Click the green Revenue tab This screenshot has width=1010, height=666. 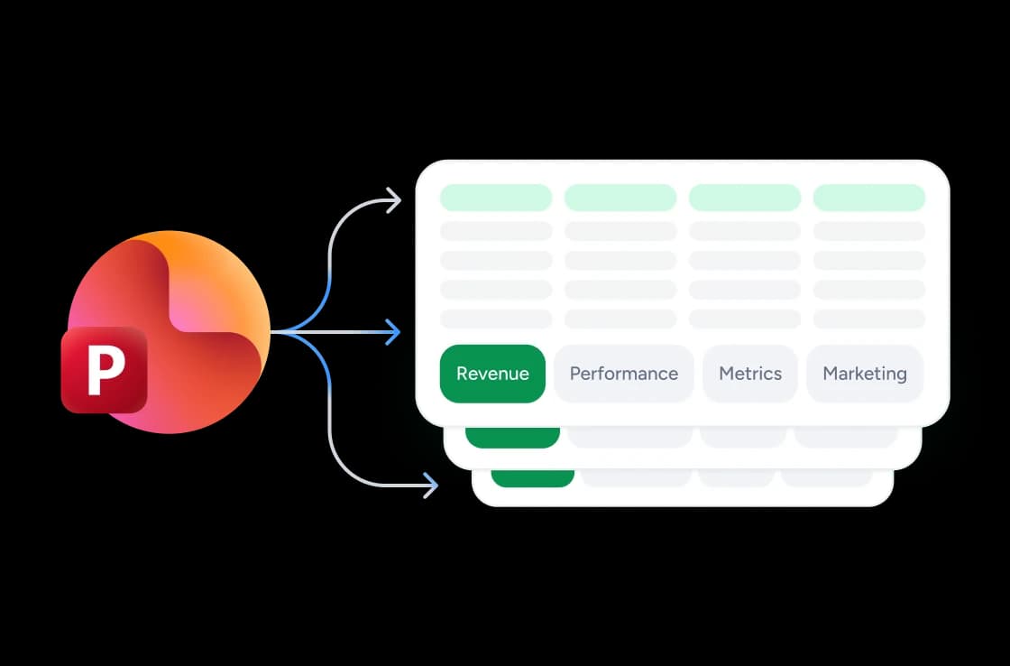point(492,374)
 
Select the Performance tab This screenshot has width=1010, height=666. point(623,374)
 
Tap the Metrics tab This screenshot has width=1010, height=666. point(749,374)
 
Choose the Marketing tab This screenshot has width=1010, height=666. point(865,374)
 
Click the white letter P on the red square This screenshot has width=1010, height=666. point(106,370)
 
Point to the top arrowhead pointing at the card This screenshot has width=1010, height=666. point(393,199)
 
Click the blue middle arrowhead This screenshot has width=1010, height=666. point(393,332)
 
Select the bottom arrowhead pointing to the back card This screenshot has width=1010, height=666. point(430,485)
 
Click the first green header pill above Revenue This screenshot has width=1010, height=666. point(496,198)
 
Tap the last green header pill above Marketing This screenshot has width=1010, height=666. point(869,198)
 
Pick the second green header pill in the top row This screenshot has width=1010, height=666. point(620,198)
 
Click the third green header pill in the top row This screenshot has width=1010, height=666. point(745,198)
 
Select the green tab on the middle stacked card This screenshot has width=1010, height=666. point(513,437)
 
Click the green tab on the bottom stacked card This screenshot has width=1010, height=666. point(533,477)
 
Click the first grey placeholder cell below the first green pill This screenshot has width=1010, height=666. point(496,231)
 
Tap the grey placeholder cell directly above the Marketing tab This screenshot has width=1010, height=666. point(869,319)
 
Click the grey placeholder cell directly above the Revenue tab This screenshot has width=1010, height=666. point(496,319)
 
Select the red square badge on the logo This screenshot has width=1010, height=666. point(105,369)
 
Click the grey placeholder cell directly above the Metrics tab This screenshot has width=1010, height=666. point(745,319)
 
